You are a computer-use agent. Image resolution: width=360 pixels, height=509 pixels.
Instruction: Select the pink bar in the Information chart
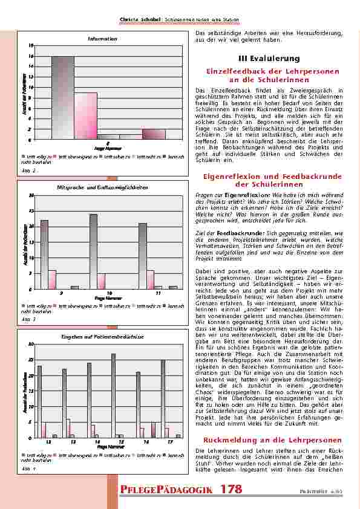point(86,115)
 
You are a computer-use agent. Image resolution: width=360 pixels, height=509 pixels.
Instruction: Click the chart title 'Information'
point(102,39)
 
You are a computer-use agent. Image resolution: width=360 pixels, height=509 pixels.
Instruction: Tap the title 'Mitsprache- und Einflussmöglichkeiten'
point(102,189)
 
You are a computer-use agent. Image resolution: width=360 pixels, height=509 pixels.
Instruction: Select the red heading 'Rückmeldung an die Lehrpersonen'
point(272,439)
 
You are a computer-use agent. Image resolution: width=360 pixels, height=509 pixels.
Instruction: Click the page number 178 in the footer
point(232,489)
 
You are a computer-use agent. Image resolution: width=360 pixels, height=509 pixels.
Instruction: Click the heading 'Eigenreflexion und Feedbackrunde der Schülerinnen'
point(272,180)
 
